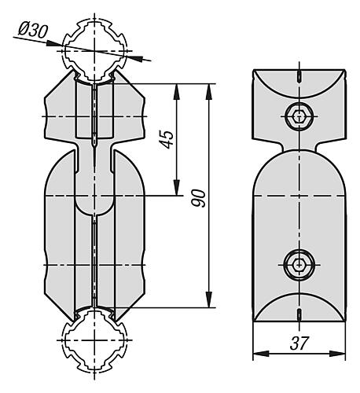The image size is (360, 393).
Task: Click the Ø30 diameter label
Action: (x=31, y=31)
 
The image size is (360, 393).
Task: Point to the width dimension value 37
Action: (x=298, y=343)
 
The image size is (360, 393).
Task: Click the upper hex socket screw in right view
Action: (x=299, y=116)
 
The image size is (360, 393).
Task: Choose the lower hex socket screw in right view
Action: (x=299, y=265)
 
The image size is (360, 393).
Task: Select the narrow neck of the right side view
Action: (x=299, y=148)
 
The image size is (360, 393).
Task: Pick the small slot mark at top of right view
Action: (x=299, y=76)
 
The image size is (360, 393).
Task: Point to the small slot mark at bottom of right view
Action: (x=299, y=314)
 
